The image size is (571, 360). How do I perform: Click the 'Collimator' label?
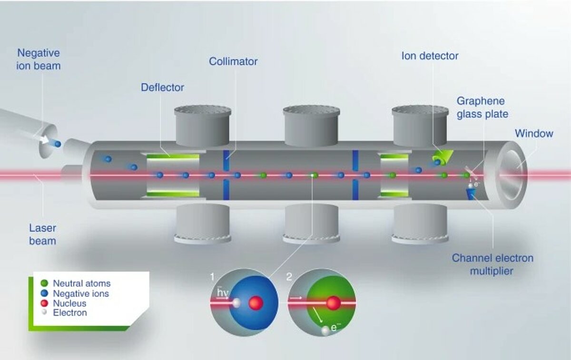[x=233, y=61]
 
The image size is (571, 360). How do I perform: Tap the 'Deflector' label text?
[x=162, y=88]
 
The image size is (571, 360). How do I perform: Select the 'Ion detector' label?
[x=430, y=56]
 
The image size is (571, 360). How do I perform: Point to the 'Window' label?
[x=534, y=133]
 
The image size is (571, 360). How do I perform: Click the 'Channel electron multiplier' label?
[x=492, y=264]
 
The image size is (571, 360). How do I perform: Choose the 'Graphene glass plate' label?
[x=482, y=107]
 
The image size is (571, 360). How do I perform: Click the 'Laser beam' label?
[x=42, y=234]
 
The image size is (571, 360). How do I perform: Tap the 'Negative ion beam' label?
[x=38, y=59]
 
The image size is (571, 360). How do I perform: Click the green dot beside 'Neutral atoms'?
[x=44, y=283]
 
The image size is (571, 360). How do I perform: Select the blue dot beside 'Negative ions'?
[x=44, y=293]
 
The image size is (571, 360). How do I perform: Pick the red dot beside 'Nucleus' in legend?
[x=44, y=303]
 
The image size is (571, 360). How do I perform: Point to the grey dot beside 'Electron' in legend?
[x=44, y=311]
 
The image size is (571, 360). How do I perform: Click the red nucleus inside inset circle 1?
[x=256, y=303]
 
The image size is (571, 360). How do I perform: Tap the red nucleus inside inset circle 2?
[x=334, y=303]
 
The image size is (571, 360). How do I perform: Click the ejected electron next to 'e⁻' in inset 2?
[x=325, y=331]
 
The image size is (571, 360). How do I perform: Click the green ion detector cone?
[x=443, y=157]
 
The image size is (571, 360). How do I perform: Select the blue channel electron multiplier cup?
[x=471, y=194]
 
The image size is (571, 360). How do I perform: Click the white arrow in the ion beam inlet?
[x=44, y=139]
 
